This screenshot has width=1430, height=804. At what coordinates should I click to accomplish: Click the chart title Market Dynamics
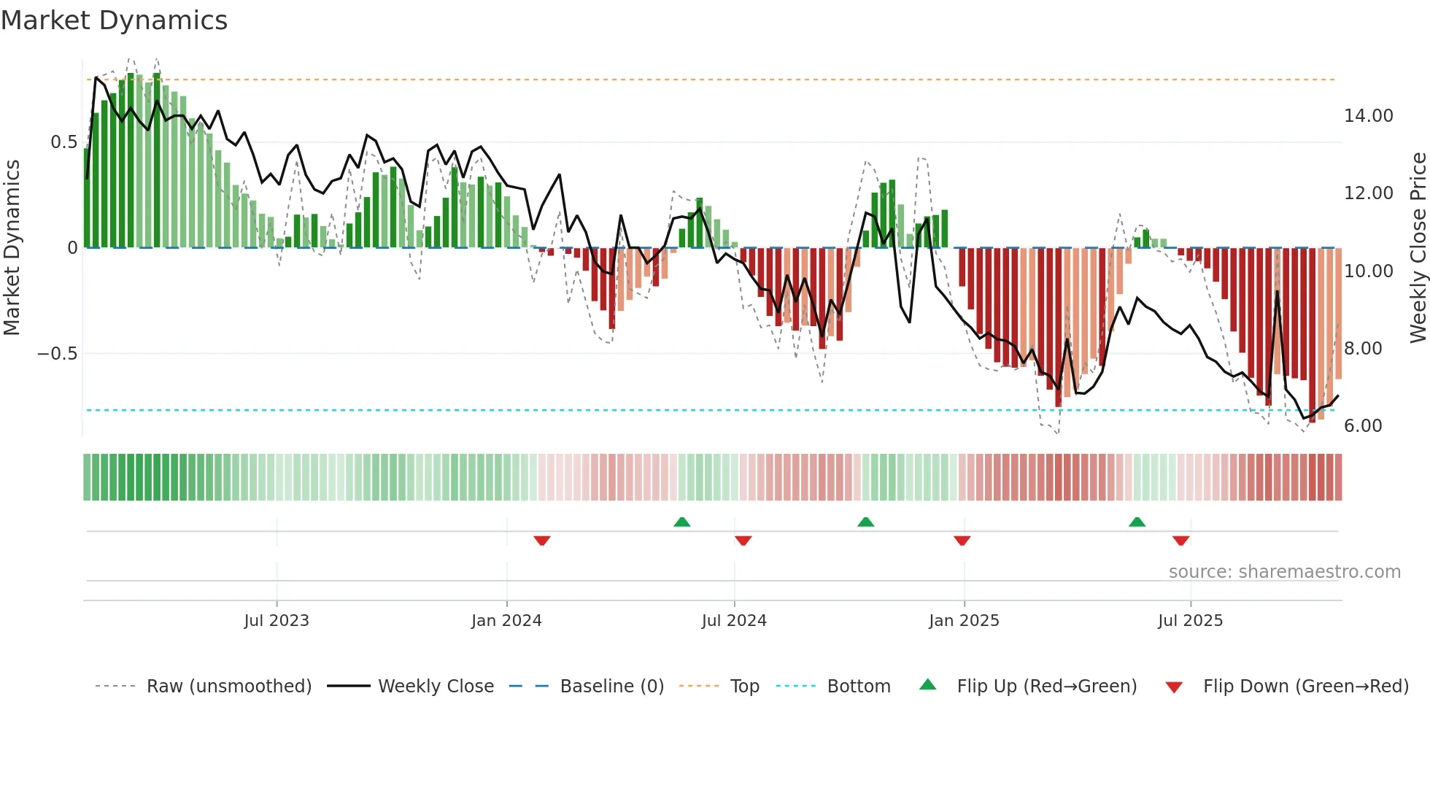point(114,20)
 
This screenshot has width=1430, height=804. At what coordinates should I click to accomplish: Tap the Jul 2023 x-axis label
point(277,621)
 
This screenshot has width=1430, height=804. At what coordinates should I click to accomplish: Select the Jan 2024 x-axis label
point(506,621)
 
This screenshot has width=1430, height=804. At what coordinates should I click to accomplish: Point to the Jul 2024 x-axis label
point(734,621)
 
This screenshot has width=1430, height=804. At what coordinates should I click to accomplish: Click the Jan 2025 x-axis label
point(964,621)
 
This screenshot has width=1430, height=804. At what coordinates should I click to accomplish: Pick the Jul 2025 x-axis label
point(1190,621)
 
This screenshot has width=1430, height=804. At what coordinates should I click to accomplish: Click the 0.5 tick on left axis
point(63,142)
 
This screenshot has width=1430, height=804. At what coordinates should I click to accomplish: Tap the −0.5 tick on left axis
point(57,354)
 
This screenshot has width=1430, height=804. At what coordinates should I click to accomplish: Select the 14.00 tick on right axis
point(1368,116)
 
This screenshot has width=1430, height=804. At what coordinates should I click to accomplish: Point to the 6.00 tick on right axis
point(1363,426)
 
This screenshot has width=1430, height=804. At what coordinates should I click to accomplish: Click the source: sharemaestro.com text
point(1284,572)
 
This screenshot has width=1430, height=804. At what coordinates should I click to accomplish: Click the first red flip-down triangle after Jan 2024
point(541,541)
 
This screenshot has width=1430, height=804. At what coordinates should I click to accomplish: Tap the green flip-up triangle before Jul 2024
point(681,522)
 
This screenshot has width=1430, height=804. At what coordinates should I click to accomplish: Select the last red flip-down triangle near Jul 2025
point(1180,541)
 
